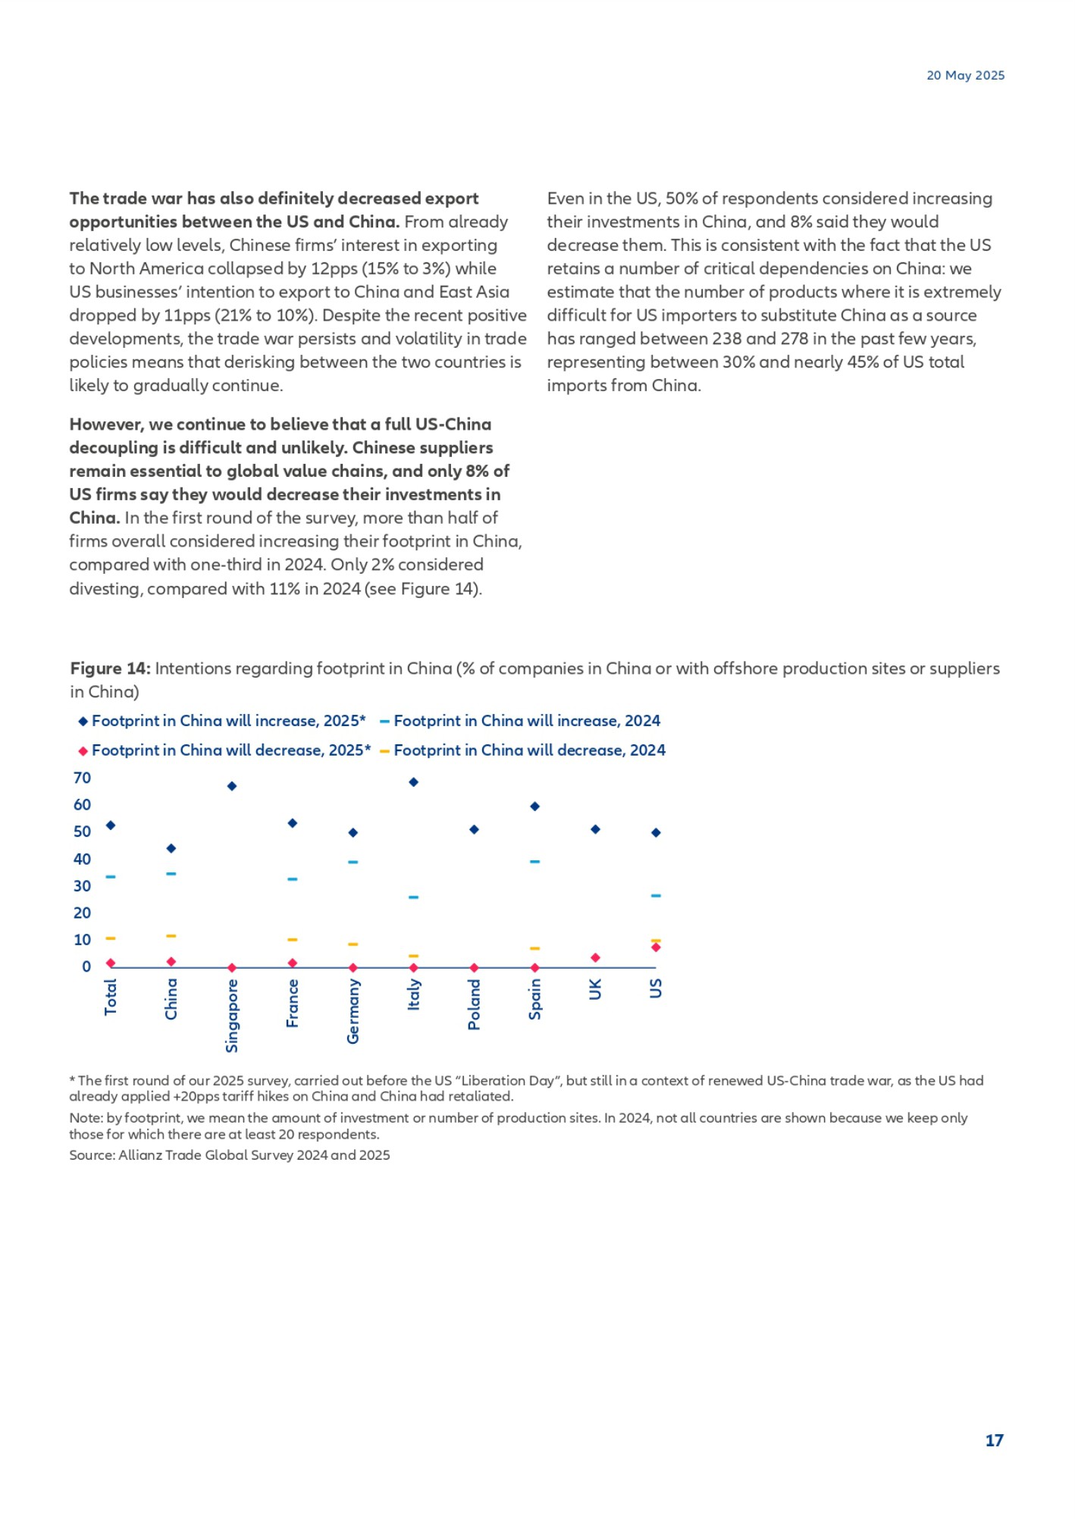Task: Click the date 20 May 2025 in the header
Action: [x=965, y=75]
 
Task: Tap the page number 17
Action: [x=994, y=1440]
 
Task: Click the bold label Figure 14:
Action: [x=110, y=668]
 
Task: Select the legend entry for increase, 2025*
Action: [x=221, y=721]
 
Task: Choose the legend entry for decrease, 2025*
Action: [x=224, y=750]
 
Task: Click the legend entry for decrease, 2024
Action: [x=522, y=750]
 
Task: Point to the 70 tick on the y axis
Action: [x=82, y=778]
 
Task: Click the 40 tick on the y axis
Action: [x=82, y=859]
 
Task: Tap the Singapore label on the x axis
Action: [x=232, y=1016]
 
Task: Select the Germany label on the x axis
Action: [x=353, y=1011]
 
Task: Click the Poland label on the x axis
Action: [x=474, y=1004]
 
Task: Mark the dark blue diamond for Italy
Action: [x=413, y=782]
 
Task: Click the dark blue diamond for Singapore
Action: [x=232, y=786]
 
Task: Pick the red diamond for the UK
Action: [x=595, y=958]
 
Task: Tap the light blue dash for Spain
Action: [x=534, y=862]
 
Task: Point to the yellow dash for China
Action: [x=171, y=936]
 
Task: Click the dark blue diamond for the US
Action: [x=656, y=832]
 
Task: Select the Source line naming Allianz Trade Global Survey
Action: [x=230, y=1155]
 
